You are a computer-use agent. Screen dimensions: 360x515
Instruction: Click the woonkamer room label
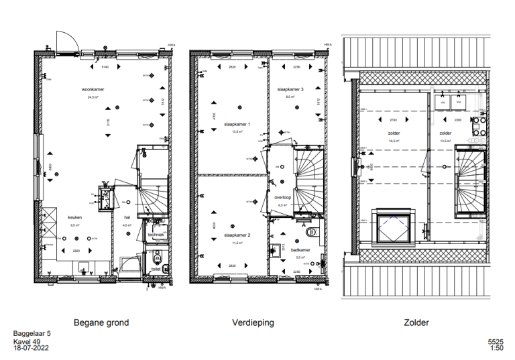tap(93, 89)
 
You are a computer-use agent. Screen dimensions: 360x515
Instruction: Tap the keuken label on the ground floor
tap(74, 218)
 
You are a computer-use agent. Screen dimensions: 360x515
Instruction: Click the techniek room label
tap(156, 235)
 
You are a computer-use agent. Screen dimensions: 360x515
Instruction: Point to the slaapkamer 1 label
tap(237, 125)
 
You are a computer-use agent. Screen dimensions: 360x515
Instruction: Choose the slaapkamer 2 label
tap(237, 236)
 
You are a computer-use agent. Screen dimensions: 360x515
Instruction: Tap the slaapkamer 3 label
tap(290, 89)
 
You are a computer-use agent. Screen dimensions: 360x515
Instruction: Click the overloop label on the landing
tap(282, 198)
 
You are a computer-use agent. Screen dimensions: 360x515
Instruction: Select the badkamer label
tap(300, 249)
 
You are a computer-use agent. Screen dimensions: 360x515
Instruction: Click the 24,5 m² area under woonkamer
tap(93, 97)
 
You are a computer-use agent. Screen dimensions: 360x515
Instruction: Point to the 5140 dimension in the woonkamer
tap(104, 68)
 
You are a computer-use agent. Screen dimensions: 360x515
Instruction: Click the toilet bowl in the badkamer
tap(310, 233)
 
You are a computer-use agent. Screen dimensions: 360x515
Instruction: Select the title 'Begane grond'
tap(101, 322)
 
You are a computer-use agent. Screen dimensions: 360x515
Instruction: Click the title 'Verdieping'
tap(253, 322)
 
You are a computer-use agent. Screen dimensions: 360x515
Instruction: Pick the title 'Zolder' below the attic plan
tap(416, 322)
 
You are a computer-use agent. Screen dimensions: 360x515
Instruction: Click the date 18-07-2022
tap(30, 349)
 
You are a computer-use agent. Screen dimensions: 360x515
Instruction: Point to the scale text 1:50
tap(496, 349)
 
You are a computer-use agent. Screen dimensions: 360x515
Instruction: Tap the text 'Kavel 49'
tap(27, 341)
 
